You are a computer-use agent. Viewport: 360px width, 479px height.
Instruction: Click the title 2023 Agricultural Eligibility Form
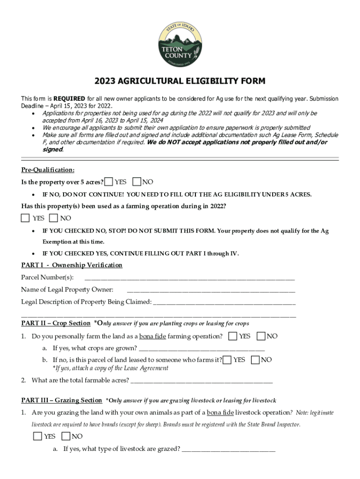tap(180, 81)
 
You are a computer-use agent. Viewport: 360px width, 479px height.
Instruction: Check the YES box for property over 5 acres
tap(108, 181)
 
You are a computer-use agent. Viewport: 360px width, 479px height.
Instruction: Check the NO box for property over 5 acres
tap(137, 181)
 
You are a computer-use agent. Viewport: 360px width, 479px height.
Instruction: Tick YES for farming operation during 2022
tap(25, 218)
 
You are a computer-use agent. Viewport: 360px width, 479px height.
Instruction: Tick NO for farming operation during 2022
tap(53, 218)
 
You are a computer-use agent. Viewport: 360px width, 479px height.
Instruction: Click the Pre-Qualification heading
tap(48, 170)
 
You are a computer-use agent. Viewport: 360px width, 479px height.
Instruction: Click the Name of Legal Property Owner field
tap(211, 290)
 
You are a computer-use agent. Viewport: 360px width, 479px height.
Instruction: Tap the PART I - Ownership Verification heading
tap(72, 265)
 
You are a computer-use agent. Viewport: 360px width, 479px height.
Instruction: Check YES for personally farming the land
tap(232, 336)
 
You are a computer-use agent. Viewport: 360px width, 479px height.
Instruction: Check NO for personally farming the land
tap(261, 336)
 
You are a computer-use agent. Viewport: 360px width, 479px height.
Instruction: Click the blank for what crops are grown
tap(202, 348)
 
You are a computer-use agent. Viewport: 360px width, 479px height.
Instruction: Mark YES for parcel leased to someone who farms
tap(227, 360)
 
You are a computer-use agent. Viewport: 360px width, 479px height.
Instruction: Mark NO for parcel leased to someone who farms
tap(255, 360)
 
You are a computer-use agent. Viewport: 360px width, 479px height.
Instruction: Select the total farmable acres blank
tap(202, 380)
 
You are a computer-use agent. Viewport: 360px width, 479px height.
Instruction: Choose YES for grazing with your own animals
tap(37, 436)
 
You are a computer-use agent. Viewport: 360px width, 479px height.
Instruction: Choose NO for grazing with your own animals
tap(65, 436)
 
